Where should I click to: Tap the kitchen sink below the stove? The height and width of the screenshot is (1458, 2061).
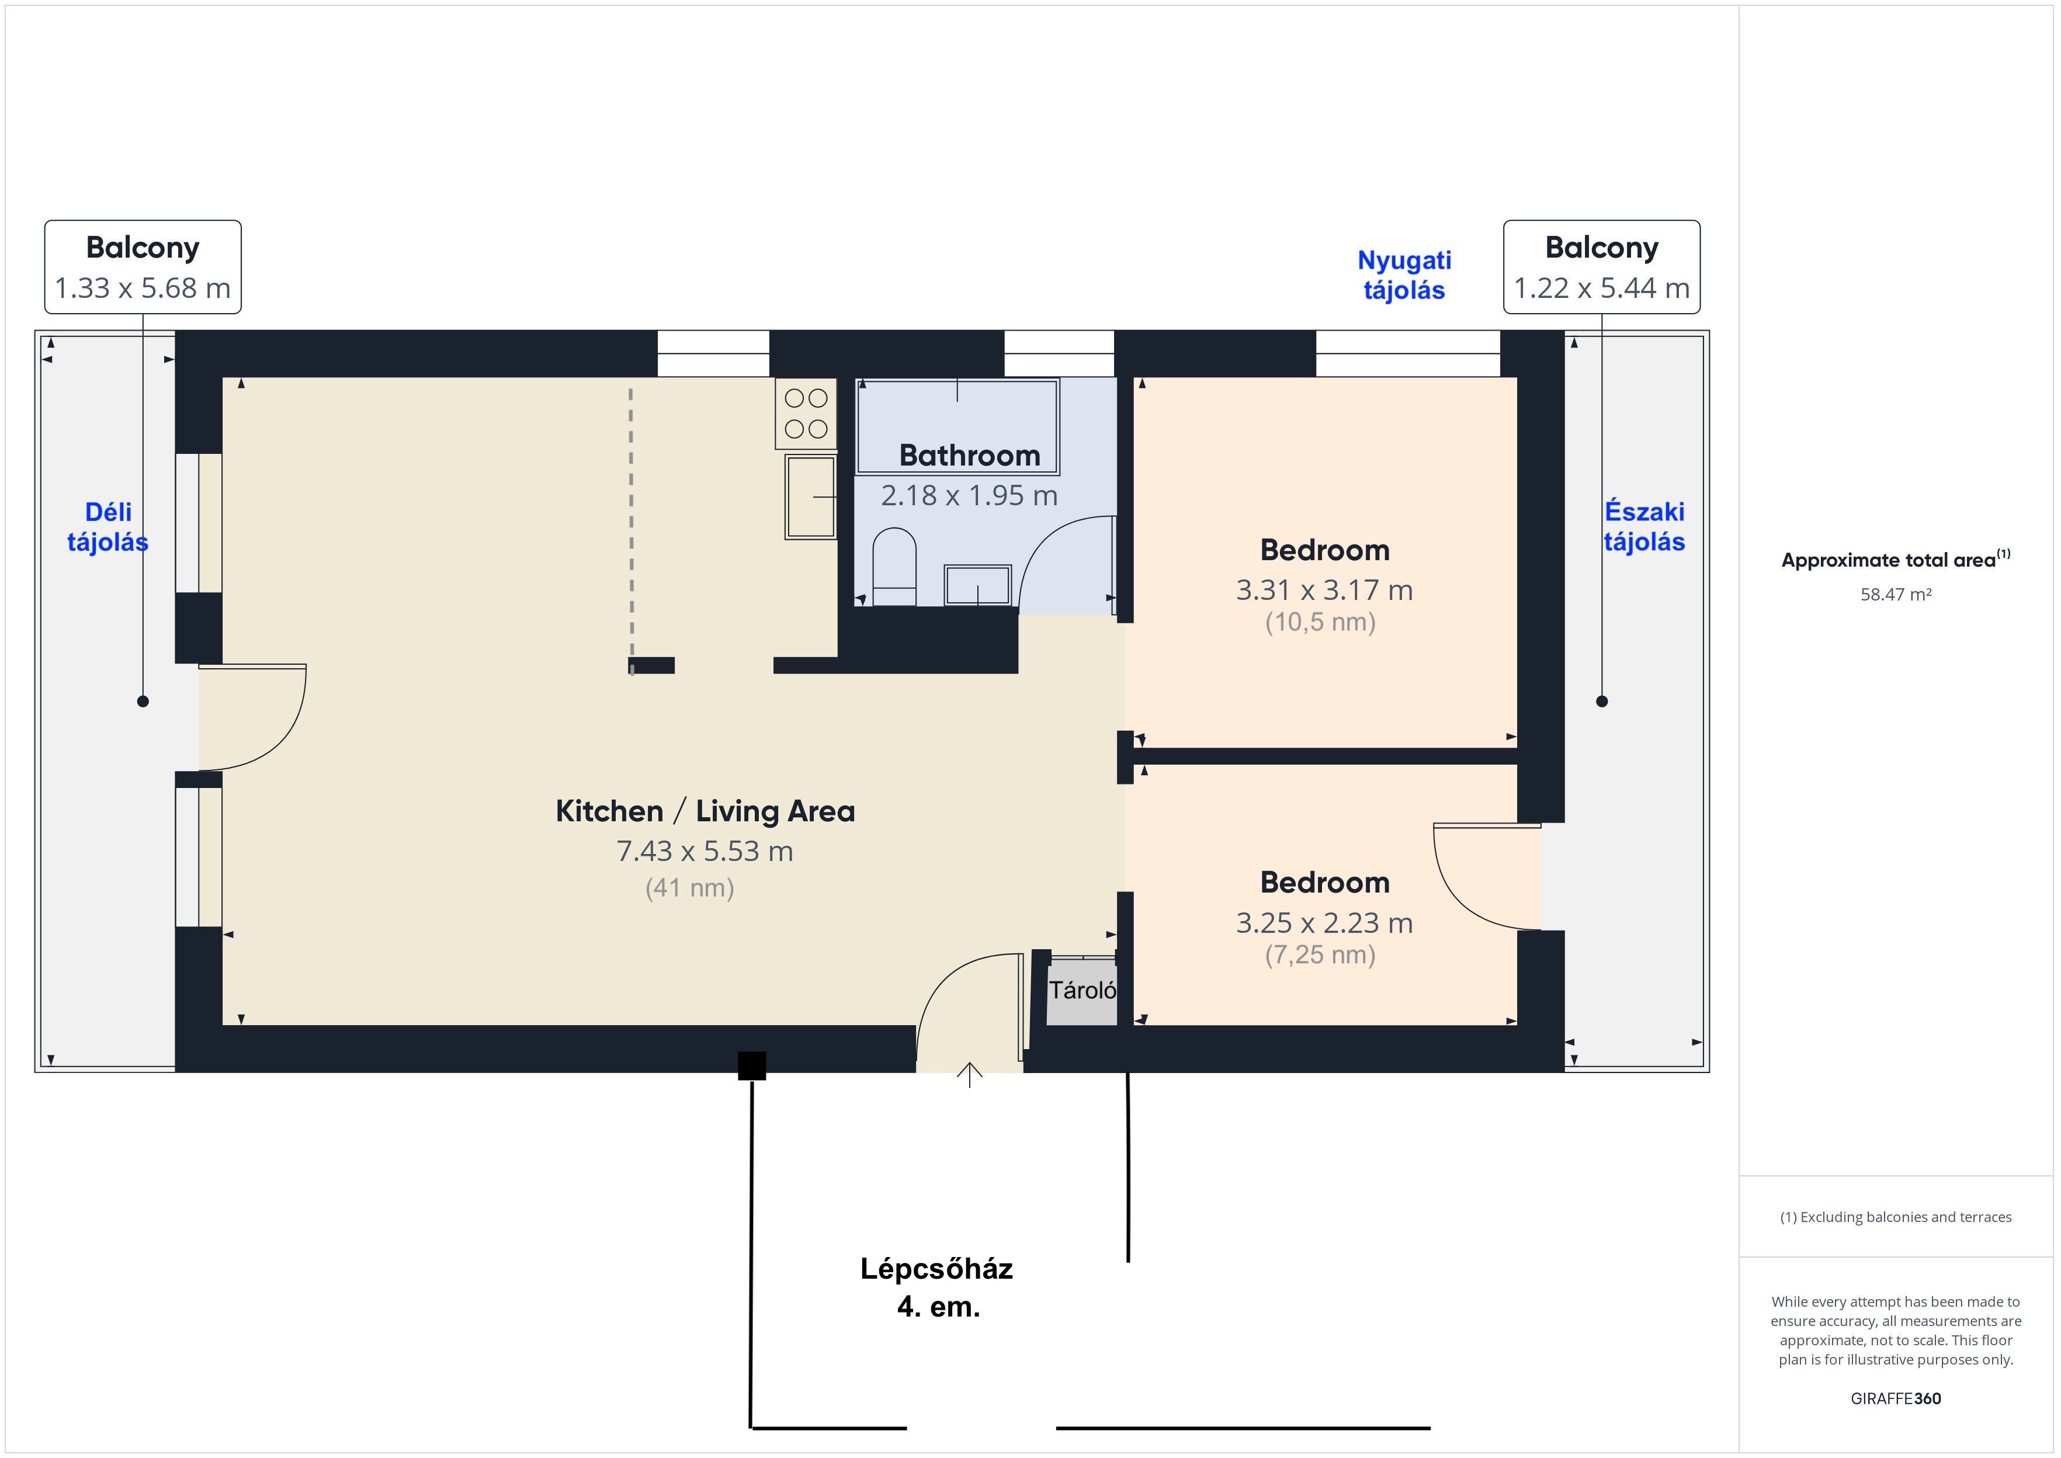(x=811, y=497)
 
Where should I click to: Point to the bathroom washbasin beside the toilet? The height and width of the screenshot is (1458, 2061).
(x=977, y=585)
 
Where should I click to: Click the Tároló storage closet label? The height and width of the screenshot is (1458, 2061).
(x=1082, y=990)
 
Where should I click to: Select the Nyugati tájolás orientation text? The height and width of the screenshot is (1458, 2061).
(x=1404, y=275)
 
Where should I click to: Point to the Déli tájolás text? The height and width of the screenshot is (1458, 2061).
(x=107, y=526)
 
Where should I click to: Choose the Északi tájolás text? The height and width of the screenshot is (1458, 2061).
(x=1644, y=526)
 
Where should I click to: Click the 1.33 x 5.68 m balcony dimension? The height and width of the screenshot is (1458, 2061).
(x=143, y=288)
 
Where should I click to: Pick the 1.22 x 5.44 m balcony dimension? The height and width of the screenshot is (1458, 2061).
(x=1601, y=288)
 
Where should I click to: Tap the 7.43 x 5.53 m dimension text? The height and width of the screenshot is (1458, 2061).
(x=705, y=851)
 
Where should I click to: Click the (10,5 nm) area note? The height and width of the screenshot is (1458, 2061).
(x=1320, y=622)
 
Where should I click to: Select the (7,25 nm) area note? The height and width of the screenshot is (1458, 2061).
(x=1320, y=954)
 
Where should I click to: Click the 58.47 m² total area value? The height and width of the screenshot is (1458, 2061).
(x=1896, y=594)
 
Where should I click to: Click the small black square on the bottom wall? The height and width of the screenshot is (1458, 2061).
(x=752, y=1065)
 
